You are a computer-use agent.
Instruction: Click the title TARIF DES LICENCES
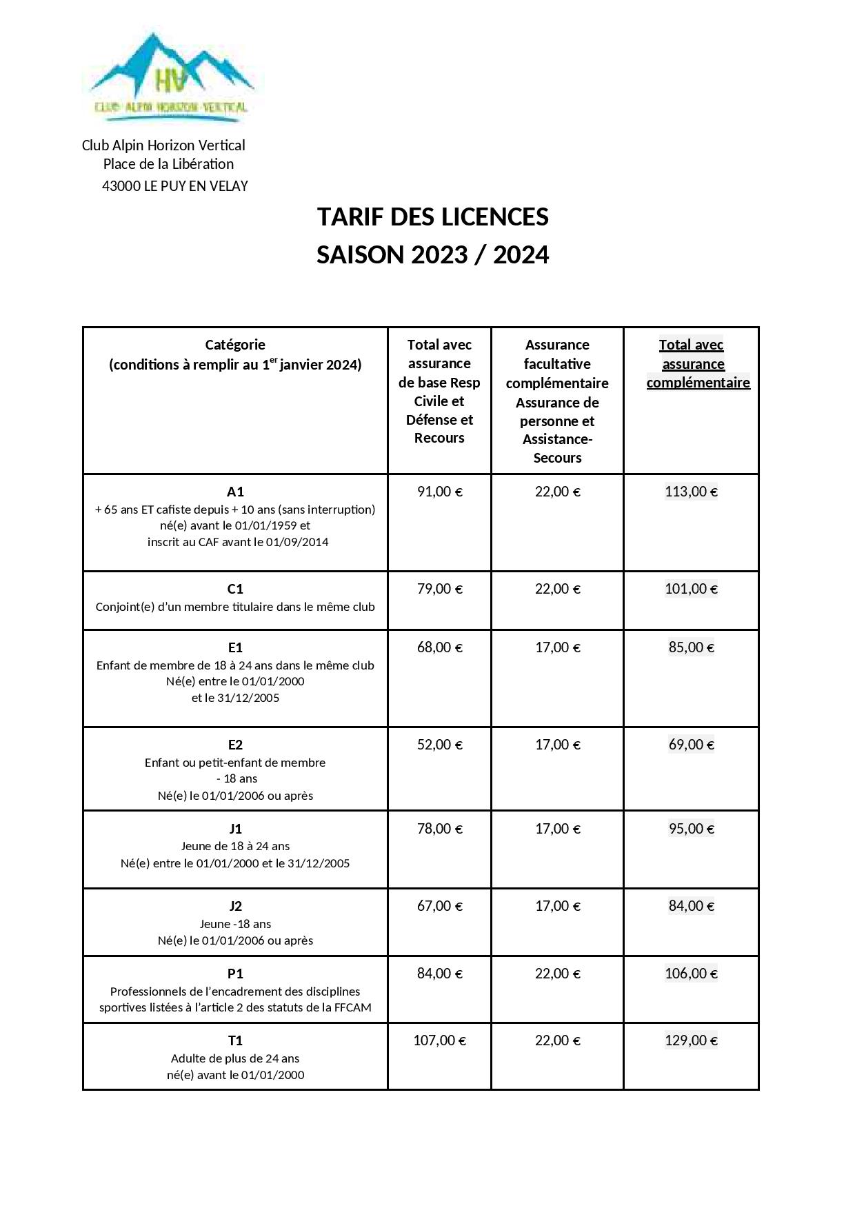pyautogui.click(x=432, y=217)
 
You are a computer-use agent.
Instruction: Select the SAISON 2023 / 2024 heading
pyautogui.click(x=432, y=255)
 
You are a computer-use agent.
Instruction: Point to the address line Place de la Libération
pyautogui.click(x=168, y=164)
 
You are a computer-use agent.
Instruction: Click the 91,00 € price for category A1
pyautogui.click(x=439, y=492)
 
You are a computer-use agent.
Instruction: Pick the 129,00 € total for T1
pyautogui.click(x=691, y=1040)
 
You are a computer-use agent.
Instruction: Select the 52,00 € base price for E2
pyautogui.click(x=439, y=745)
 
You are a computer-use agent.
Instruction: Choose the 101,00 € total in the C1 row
pyautogui.click(x=691, y=589)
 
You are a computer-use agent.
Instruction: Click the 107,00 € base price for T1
pyautogui.click(x=439, y=1040)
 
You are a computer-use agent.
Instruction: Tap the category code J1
pyautogui.click(x=235, y=829)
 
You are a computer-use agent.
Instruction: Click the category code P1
pyautogui.click(x=235, y=974)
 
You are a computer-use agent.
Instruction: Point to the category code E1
pyautogui.click(x=235, y=647)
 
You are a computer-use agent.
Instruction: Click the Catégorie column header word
pyautogui.click(x=235, y=345)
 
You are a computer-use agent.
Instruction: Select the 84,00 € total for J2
pyautogui.click(x=691, y=906)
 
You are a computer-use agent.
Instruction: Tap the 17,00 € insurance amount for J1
pyautogui.click(x=557, y=829)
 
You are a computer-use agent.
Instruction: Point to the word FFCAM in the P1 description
pyautogui.click(x=352, y=1007)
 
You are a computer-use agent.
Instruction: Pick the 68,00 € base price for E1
pyautogui.click(x=439, y=647)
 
